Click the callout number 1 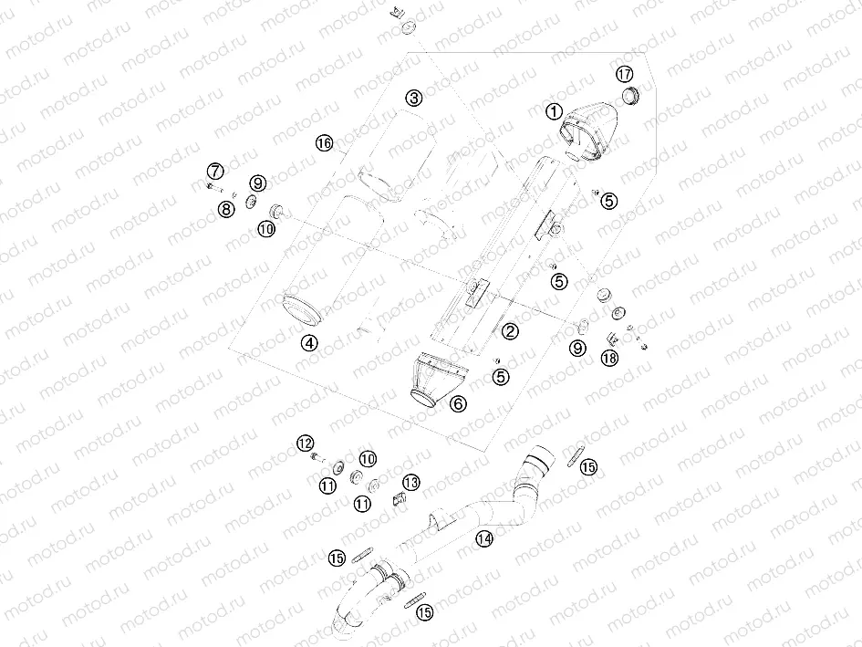[552, 111]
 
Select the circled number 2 [510, 331]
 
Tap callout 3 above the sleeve [414, 98]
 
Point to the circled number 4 [310, 343]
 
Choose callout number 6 [457, 402]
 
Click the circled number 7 [214, 171]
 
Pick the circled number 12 [305, 443]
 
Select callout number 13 [411, 482]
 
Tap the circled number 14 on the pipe [483, 539]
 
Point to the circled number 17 [624, 74]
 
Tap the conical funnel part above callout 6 [436, 375]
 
